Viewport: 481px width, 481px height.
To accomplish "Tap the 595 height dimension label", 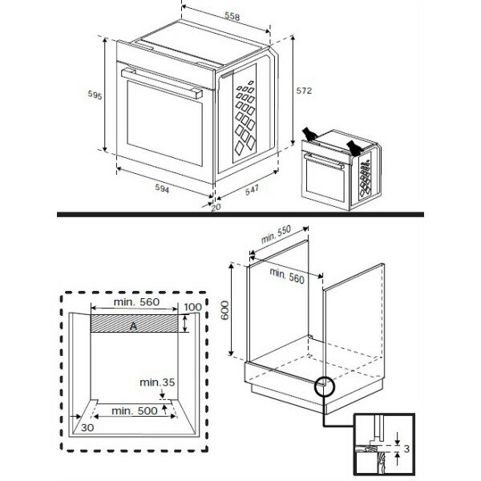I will [95, 95].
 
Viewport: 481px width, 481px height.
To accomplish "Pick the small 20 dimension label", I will [215, 208].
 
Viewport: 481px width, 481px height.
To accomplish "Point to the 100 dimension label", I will [192, 308].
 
